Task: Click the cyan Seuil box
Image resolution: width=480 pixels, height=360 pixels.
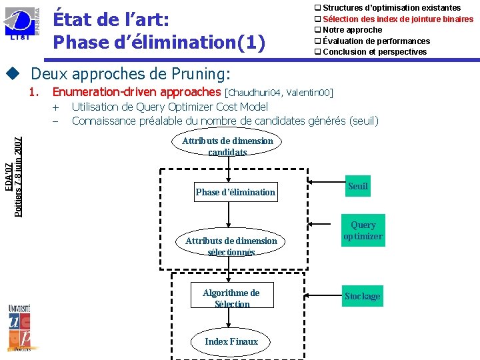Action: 358,187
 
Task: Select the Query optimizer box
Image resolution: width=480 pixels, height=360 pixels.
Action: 363,231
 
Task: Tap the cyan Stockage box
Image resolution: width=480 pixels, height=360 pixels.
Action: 362,296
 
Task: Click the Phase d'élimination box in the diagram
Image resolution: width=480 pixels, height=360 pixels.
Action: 235,192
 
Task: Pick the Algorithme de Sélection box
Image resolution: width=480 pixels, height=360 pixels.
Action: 231,298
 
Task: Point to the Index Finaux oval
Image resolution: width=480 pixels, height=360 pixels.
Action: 231,341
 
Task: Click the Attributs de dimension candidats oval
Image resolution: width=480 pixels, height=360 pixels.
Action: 227,146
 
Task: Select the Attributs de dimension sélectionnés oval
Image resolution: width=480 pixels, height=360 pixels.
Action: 231,246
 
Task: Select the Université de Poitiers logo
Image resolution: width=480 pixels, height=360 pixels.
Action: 23,326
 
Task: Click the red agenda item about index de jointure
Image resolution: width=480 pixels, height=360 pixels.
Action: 398,19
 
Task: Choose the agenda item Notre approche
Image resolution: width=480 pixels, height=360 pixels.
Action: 352,30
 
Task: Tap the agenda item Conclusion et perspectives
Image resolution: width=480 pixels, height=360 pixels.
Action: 375,51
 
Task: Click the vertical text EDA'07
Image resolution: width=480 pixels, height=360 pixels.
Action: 7,176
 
